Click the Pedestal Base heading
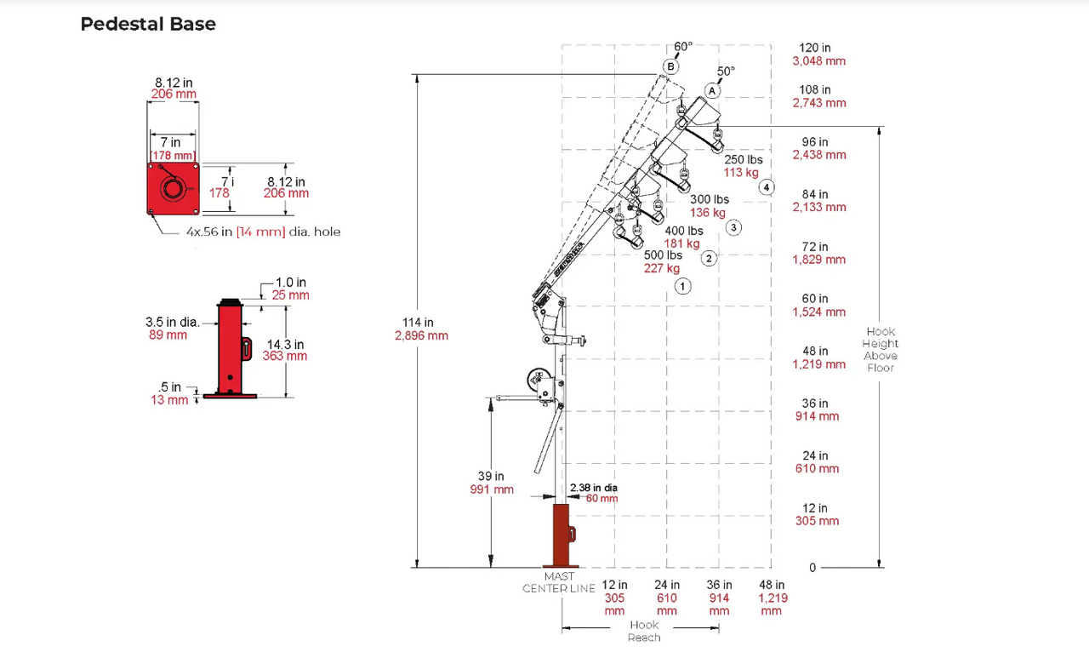(148, 24)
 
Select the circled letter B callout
(670, 66)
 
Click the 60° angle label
(683, 47)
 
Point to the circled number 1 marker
(682, 287)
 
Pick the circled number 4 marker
(767, 187)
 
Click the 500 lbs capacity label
(663, 255)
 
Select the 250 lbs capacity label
(743, 160)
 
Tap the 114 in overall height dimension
(418, 323)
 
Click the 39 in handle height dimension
(492, 477)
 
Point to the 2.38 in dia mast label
(594, 488)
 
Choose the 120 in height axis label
(815, 48)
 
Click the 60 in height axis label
(815, 299)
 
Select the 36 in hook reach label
(719, 585)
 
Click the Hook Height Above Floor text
(881, 350)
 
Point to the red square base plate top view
(173, 189)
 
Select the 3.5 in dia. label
(172, 323)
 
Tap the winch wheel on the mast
(537, 381)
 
